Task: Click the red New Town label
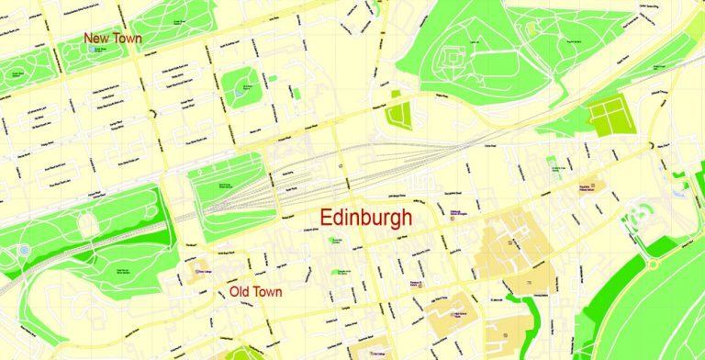pos(114,39)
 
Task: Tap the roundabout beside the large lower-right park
pos(653,263)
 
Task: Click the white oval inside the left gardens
pos(88,224)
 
